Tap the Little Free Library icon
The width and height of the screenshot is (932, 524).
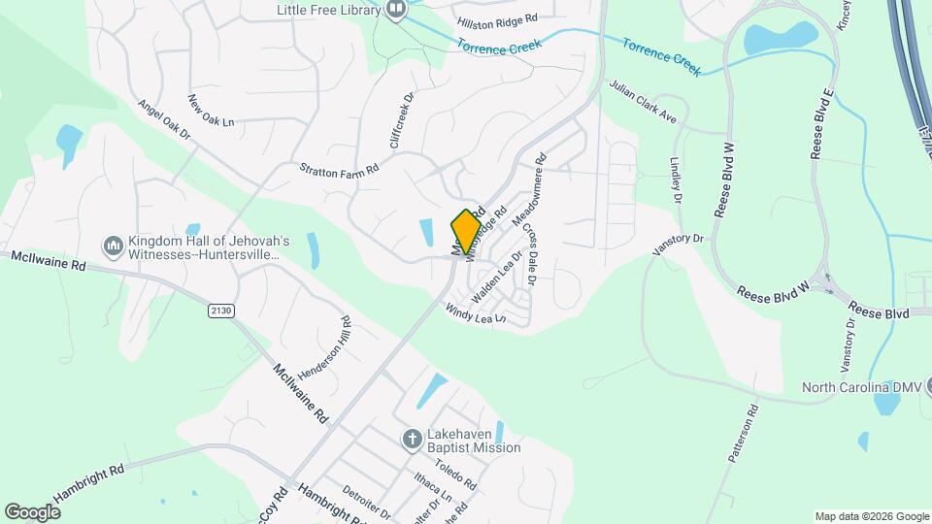[x=395, y=10]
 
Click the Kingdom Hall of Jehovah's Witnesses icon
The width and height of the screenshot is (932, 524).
[x=113, y=246]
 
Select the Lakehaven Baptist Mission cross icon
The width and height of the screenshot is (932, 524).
[x=411, y=440]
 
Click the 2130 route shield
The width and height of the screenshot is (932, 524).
[x=221, y=310]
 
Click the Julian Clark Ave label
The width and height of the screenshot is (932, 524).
[x=642, y=101]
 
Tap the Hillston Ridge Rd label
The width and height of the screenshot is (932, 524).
[x=497, y=19]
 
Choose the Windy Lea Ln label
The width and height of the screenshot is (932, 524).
[x=476, y=313]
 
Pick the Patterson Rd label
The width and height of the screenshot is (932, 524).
[x=743, y=432]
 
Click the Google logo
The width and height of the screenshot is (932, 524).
[x=32, y=511]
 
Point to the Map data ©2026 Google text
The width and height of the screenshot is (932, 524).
[x=871, y=516]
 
